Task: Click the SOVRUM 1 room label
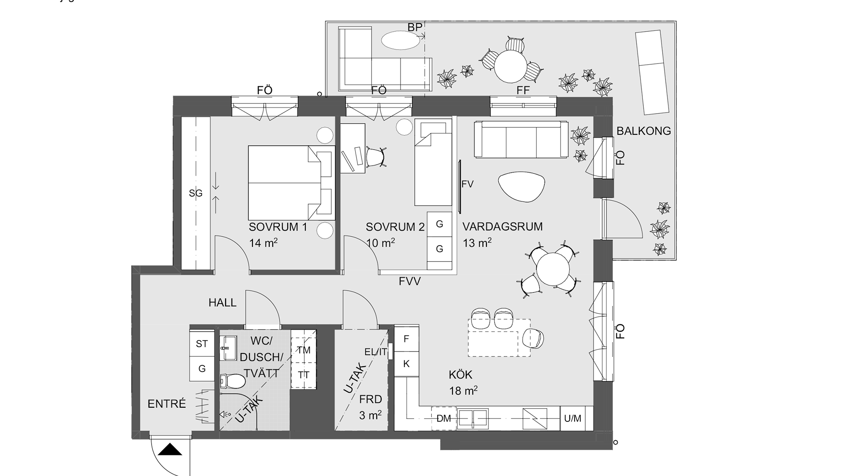pos(278,227)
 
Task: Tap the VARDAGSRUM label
pos(502,227)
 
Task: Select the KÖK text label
pos(460,375)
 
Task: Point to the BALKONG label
pos(644,131)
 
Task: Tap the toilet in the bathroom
pos(232,380)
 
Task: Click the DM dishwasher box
pos(444,418)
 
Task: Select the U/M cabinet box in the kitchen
pos(573,418)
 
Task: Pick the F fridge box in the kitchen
pos(406,338)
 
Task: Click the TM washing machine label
pos(304,350)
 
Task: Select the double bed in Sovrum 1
pos(292,183)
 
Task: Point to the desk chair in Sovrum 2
pos(375,157)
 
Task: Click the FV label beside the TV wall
pos(468,184)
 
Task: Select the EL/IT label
pos(376,352)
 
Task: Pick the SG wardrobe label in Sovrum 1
pos(196,193)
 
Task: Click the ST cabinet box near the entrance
pos(202,343)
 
